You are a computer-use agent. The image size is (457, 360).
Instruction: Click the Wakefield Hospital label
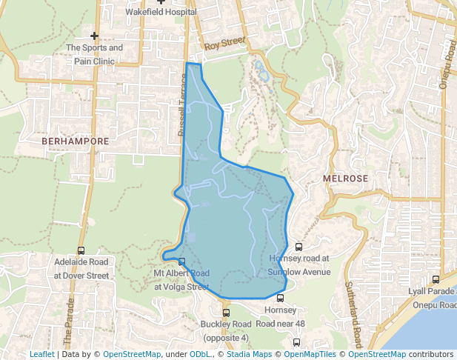click(161, 13)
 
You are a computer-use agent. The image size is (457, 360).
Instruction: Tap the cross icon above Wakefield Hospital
click(161, 2)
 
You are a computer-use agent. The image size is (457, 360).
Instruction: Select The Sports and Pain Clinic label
click(94, 54)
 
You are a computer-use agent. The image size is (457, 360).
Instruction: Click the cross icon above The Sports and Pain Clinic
click(94, 36)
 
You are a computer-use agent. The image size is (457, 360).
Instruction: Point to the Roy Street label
click(224, 44)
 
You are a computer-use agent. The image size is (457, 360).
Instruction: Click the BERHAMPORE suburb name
click(76, 140)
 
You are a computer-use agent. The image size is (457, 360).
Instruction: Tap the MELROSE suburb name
click(345, 179)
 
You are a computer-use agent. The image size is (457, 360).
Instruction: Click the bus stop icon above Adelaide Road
click(81, 251)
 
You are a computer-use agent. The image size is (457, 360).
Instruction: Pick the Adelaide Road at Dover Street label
click(81, 268)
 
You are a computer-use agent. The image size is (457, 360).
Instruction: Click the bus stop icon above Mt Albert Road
click(181, 261)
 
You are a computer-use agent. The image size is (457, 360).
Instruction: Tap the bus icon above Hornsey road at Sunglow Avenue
click(299, 247)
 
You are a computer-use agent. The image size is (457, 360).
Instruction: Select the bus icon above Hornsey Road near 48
click(280, 298)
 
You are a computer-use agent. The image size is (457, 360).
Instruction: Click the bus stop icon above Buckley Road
click(226, 313)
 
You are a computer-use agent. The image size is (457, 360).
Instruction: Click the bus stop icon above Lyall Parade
click(436, 279)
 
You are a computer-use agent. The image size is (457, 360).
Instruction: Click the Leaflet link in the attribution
click(42, 354)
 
